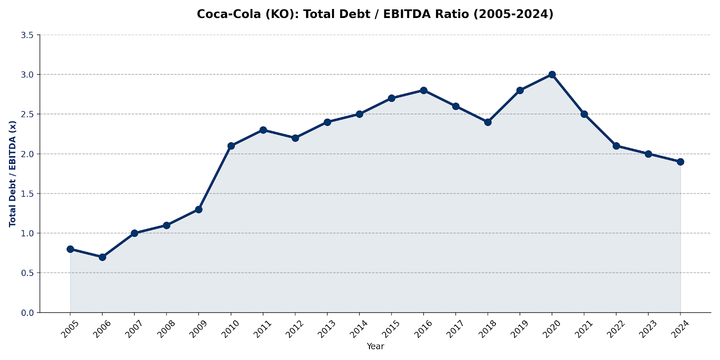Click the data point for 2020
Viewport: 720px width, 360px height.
pyautogui.click(x=552, y=74)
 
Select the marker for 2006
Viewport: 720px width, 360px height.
pyautogui.click(x=102, y=257)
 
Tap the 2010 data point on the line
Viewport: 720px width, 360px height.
pyautogui.click(x=231, y=146)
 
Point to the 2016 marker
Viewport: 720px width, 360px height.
pyautogui.click(x=423, y=90)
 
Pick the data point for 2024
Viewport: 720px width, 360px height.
pyautogui.click(x=680, y=162)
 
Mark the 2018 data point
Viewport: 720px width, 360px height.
pyautogui.click(x=488, y=122)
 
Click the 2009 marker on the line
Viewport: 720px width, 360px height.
pyautogui.click(x=198, y=209)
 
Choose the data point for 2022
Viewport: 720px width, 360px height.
pyautogui.click(x=616, y=146)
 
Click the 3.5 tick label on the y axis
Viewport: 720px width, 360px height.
pyautogui.click(x=27, y=35)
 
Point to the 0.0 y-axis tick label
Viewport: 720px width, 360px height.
pyautogui.click(x=27, y=313)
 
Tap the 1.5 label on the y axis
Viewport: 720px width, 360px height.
pyautogui.click(x=27, y=193)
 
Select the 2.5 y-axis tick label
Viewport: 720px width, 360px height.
pyautogui.click(x=27, y=114)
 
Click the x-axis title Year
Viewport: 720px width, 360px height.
pyautogui.click(x=375, y=346)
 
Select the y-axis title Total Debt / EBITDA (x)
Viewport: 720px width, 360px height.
pyautogui.click(x=13, y=174)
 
